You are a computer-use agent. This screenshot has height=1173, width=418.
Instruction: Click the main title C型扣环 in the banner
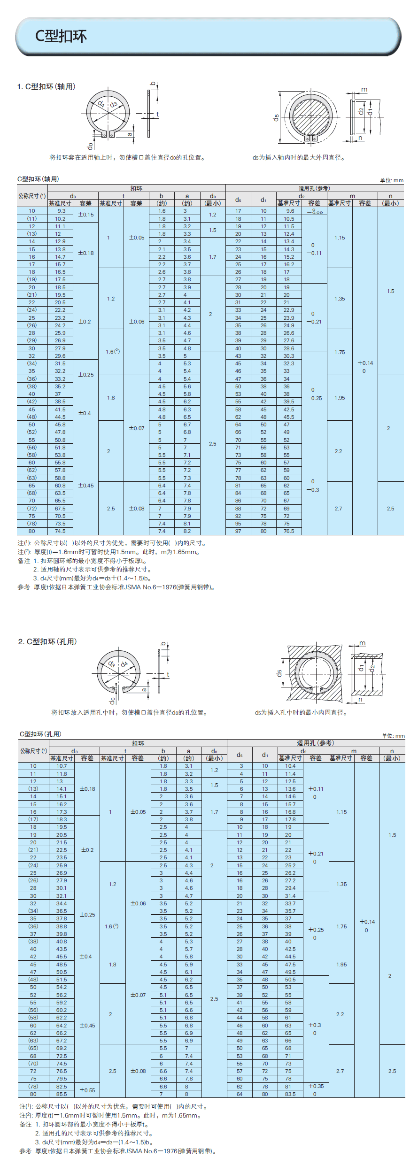tap(61, 36)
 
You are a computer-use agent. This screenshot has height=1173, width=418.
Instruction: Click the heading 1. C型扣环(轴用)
tap(46, 86)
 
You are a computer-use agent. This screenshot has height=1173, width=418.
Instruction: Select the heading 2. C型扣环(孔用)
tap(47, 641)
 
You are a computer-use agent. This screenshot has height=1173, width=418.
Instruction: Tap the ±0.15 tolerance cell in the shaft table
tap(85, 215)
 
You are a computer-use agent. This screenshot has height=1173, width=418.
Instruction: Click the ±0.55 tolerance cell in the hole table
tap(87, 1090)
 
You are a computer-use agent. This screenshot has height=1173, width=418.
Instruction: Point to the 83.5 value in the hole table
tap(290, 1094)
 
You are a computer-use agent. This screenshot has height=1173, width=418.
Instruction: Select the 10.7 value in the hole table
tap(62, 766)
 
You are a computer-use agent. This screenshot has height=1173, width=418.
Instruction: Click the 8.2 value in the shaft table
tap(187, 531)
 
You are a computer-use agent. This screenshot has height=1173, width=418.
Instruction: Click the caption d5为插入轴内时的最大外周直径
tap(299, 158)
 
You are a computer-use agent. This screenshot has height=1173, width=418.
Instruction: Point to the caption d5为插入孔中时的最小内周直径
tap(301, 712)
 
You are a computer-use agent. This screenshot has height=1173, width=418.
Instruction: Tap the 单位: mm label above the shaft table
tap(392, 180)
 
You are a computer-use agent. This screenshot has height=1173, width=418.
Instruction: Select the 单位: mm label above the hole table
tap(393, 736)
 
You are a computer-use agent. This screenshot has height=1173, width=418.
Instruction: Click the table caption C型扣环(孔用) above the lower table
tap(40, 734)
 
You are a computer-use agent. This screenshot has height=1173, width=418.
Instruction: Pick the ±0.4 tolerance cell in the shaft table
tap(85, 413)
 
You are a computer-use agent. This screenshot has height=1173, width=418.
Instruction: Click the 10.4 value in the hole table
tap(290, 766)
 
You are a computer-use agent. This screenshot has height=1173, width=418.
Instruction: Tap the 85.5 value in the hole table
tap(62, 1094)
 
